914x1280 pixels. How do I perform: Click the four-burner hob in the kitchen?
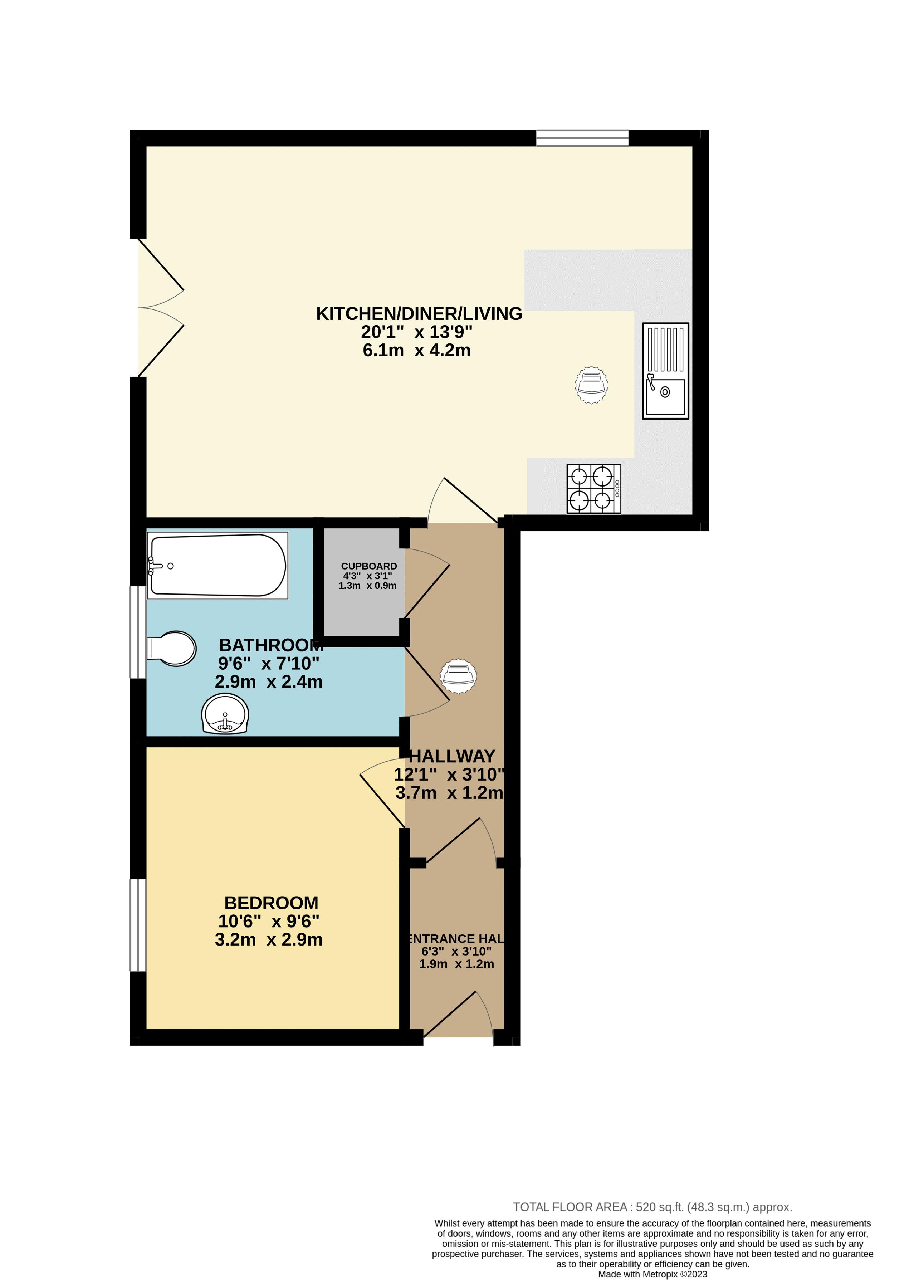tap(594, 489)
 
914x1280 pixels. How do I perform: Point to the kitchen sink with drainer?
tap(666, 371)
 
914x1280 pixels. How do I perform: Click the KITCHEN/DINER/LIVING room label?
tap(419, 313)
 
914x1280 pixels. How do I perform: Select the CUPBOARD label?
tap(369, 566)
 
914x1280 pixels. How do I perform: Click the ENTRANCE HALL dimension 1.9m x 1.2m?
tap(456, 964)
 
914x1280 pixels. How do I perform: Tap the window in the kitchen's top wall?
tap(582, 138)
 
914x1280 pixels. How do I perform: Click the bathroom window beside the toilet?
tap(138, 632)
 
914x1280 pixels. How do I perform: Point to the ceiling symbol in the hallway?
tap(459, 675)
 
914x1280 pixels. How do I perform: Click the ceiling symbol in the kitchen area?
tap(592, 385)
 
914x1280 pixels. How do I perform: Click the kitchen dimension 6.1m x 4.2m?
tap(416, 350)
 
